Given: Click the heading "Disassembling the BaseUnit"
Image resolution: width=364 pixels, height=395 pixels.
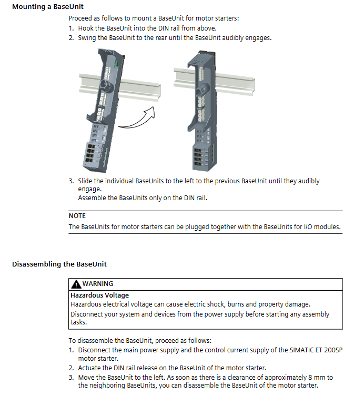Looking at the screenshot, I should (x=59, y=264).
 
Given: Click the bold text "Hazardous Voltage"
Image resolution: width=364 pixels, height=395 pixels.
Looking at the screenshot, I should (x=99, y=295).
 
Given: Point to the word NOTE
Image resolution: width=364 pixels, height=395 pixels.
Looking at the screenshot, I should (x=77, y=216).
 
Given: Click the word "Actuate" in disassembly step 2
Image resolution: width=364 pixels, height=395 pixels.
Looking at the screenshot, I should (x=89, y=368).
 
